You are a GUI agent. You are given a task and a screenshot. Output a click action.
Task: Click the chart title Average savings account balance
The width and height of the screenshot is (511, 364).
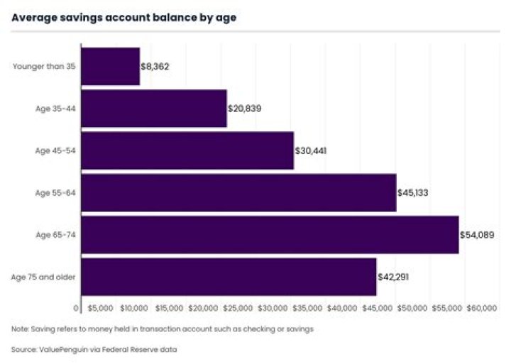(x=123, y=18)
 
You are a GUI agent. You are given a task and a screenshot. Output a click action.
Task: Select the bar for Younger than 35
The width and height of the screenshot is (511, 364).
(x=110, y=66)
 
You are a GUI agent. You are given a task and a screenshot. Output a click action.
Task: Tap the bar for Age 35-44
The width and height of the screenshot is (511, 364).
(x=154, y=108)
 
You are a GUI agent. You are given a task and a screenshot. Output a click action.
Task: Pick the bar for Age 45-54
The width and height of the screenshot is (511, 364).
(x=187, y=150)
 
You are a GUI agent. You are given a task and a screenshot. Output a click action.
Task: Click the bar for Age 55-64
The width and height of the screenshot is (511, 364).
(x=238, y=192)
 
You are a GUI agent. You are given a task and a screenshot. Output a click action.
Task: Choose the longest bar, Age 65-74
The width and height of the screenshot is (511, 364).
(x=270, y=234)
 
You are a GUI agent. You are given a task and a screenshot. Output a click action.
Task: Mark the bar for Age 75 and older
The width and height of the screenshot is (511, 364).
(x=229, y=276)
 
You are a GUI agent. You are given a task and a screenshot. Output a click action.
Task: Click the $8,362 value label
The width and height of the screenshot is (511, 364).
(x=155, y=67)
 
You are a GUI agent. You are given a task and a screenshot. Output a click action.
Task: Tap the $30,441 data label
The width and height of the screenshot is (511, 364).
(x=311, y=150)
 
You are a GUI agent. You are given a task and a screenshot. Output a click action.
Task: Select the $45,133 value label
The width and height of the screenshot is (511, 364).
(x=413, y=192)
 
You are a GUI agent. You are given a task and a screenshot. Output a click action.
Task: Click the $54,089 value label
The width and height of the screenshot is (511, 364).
(x=476, y=234)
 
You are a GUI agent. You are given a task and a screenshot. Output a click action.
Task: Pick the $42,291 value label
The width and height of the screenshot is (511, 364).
(x=393, y=276)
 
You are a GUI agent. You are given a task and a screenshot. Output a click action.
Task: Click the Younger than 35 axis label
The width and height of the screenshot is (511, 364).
(x=44, y=67)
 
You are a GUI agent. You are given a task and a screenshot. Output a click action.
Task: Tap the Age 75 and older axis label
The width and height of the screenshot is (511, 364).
(x=47, y=276)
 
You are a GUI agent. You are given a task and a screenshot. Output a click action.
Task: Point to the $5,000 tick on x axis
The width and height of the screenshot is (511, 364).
(x=100, y=309)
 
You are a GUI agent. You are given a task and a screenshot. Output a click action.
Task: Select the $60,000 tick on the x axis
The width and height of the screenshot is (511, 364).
(x=482, y=309)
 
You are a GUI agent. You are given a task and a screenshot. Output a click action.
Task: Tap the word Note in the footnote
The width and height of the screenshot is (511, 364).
(x=20, y=329)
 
